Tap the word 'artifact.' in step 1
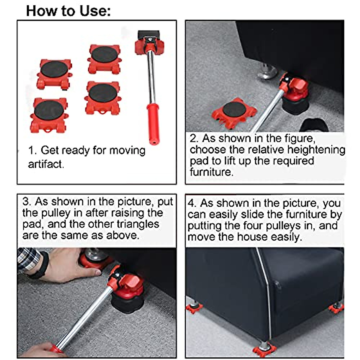click(x=46, y=164)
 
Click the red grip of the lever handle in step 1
click(x=153, y=123)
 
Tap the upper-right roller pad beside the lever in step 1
click(x=104, y=59)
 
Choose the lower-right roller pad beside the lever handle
click(x=103, y=97)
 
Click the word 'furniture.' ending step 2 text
click(x=211, y=172)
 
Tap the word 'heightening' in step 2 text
click(x=316, y=149)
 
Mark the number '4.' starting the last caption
click(x=192, y=203)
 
